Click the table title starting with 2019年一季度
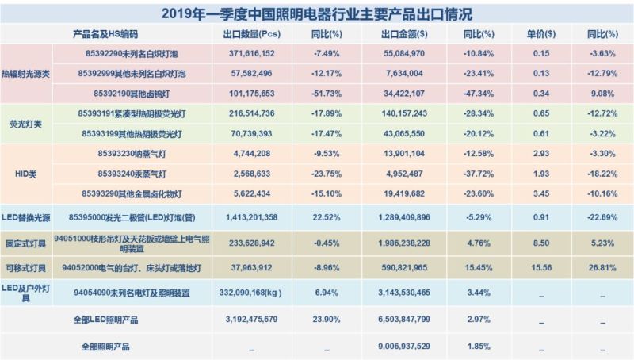pyautogui.click(x=318, y=13)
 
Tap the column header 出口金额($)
pyautogui.click(x=405, y=35)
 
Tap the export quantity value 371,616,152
pyautogui.click(x=248, y=53)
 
